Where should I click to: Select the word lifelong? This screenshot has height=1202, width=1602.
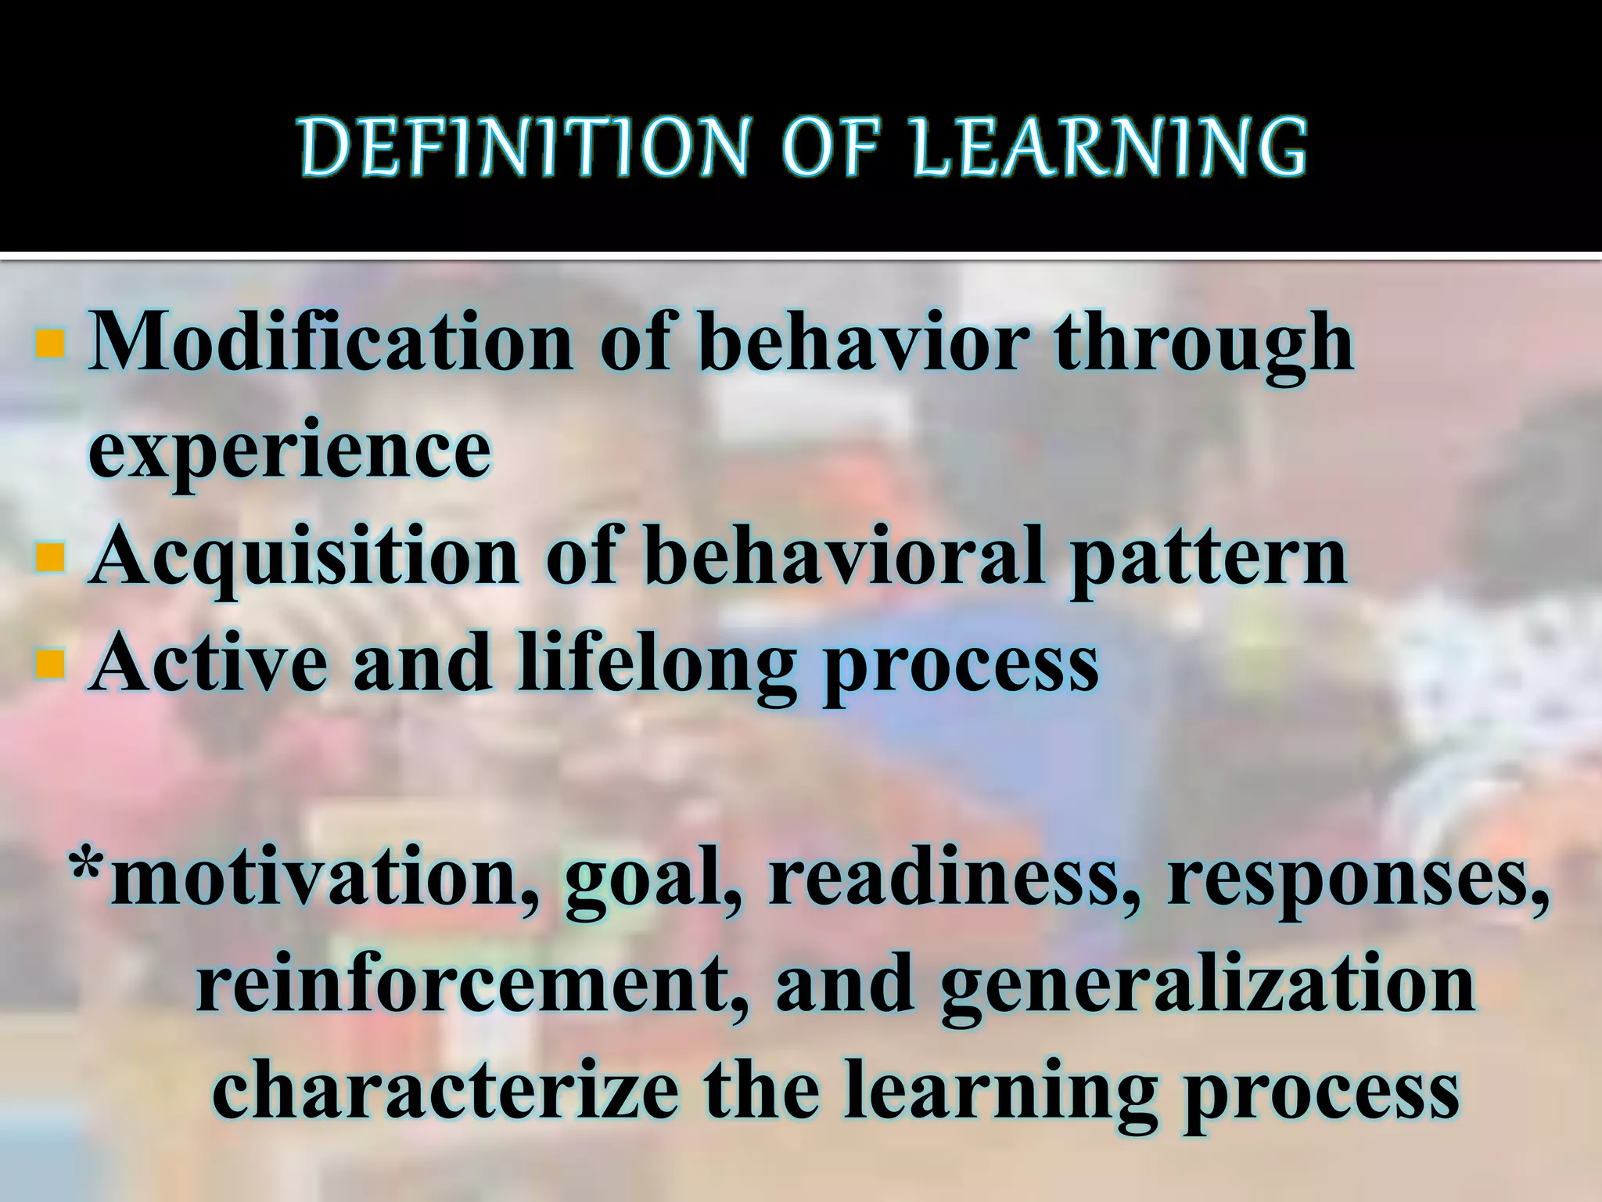tap(658, 666)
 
